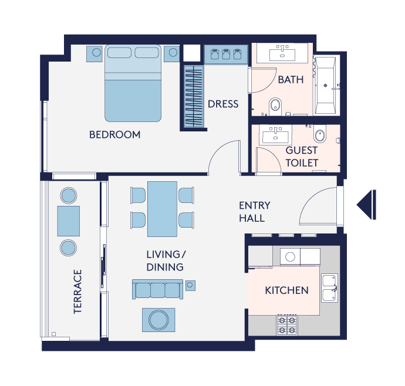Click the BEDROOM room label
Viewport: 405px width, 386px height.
point(114,134)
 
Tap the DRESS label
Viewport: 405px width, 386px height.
point(223,104)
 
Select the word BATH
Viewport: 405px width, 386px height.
point(291,80)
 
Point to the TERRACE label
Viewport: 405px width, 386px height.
point(77,292)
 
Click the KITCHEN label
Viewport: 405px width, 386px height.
point(286,290)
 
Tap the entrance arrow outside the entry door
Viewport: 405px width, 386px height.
point(366,205)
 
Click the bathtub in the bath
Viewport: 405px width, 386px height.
point(325,85)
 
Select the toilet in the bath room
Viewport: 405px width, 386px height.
point(275,106)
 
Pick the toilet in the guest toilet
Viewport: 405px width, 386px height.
point(320,134)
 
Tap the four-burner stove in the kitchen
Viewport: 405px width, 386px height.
point(287,325)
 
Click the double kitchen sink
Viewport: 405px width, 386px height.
point(330,288)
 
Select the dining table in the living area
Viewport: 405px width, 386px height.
point(162,209)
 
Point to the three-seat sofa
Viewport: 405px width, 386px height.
point(157,289)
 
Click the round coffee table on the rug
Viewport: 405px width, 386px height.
point(158,320)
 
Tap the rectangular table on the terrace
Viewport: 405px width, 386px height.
point(69,221)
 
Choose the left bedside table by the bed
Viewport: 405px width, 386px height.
point(95,54)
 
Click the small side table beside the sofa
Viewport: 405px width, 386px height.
point(190,285)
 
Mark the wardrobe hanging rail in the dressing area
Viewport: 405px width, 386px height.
point(194,97)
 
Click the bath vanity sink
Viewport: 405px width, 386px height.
point(282,54)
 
